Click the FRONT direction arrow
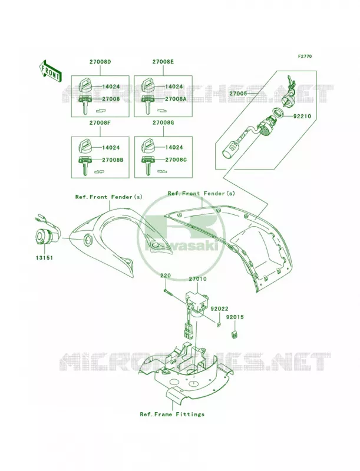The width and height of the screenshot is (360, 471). coord(50,71)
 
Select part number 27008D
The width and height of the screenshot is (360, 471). coord(100,62)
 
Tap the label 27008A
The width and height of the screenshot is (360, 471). coord(176,98)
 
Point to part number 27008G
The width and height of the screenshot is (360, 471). coord(163,123)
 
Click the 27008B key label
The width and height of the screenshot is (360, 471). coord(113,160)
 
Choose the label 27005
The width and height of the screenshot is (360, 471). coord(238,94)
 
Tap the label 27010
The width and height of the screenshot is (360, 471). coord(197,278)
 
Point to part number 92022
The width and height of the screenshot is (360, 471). coord(219,309)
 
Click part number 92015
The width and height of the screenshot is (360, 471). coord(235,317)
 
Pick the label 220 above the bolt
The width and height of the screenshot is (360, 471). coord(166,275)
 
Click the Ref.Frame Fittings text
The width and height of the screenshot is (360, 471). coord(172,414)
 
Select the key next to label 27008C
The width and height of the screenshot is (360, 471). coord(147,165)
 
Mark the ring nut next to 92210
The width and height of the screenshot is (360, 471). coord(278,113)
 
